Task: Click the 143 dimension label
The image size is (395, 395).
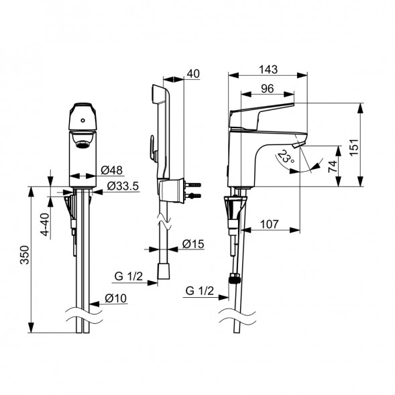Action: [268, 69]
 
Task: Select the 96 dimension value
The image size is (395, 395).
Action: [268, 89]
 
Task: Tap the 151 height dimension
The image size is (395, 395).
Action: [354, 148]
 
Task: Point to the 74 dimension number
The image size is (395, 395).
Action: [333, 166]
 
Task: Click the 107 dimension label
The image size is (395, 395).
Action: [270, 224]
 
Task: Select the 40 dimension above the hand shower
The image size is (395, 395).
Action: [193, 74]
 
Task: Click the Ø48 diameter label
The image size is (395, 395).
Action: [111, 170]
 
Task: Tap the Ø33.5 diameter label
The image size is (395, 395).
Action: [123, 186]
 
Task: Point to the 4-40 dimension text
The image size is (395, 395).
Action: [45, 225]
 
